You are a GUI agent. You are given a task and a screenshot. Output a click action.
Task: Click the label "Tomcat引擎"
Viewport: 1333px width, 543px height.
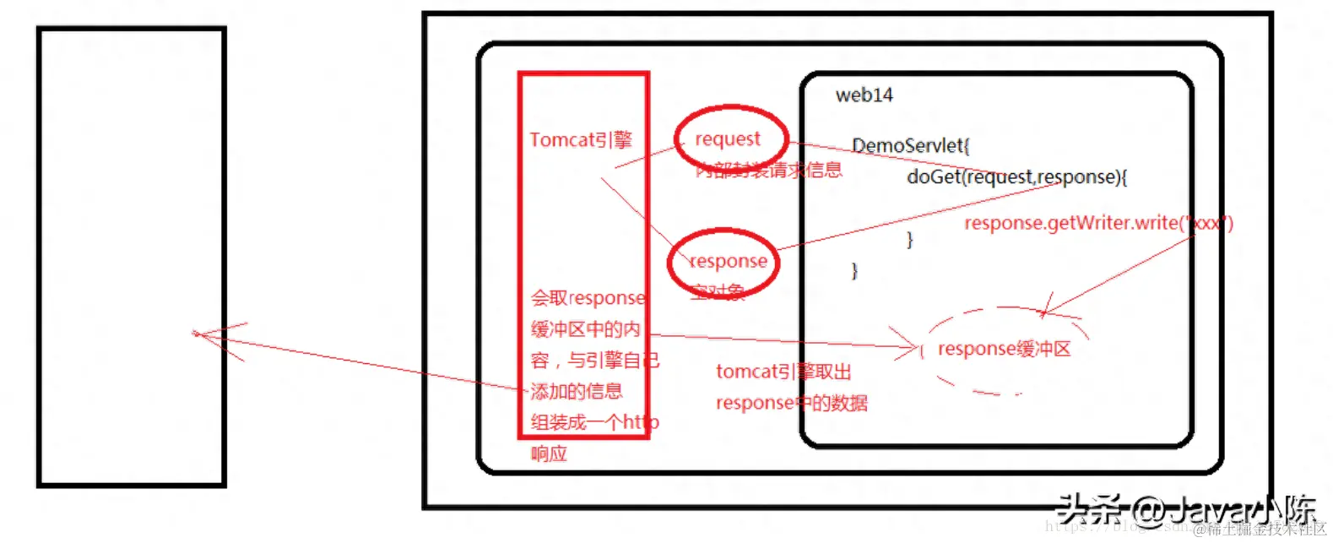[580, 139]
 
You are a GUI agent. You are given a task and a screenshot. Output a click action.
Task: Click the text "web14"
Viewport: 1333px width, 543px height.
[864, 95]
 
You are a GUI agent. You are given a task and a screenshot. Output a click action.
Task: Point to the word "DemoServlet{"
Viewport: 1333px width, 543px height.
[910, 145]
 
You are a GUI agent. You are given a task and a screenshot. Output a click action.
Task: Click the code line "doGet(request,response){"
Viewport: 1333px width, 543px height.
[1016, 177]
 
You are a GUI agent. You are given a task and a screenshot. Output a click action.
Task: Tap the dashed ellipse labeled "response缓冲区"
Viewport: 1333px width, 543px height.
[1004, 350]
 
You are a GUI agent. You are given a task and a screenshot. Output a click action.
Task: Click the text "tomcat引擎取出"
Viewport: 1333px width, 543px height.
[783, 372]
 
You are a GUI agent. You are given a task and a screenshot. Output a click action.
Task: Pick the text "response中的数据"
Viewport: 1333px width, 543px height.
[791, 403]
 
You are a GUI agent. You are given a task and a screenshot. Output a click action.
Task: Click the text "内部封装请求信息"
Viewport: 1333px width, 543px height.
[768, 170]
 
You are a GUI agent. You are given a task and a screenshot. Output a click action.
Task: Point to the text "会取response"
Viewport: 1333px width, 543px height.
[588, 298]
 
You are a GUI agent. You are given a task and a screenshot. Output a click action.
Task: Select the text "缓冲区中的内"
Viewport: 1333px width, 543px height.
[585, 329]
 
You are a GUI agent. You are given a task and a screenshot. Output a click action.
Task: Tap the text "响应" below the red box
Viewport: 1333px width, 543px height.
[549, 453]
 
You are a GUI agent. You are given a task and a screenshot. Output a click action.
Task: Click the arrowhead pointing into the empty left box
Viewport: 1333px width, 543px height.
[198, 334]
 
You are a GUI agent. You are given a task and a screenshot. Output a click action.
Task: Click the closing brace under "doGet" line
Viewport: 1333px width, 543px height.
[909, 240]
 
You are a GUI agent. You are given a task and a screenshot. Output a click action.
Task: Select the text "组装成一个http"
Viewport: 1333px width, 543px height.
[594, 422]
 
